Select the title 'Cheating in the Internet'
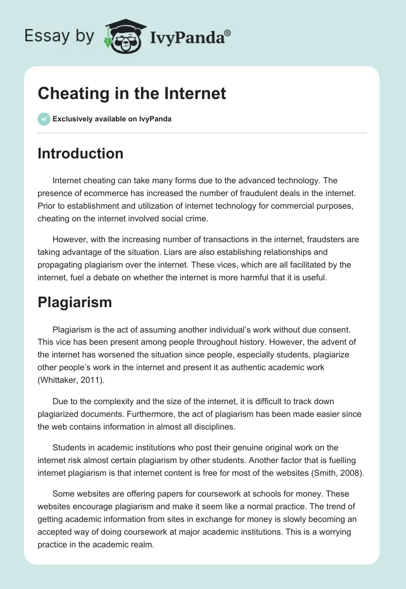pos(132,93)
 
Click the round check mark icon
pos(44,119)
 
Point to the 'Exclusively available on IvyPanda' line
pos(112,119)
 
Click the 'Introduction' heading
pos(80,153)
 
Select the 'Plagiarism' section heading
pos(75,302)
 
